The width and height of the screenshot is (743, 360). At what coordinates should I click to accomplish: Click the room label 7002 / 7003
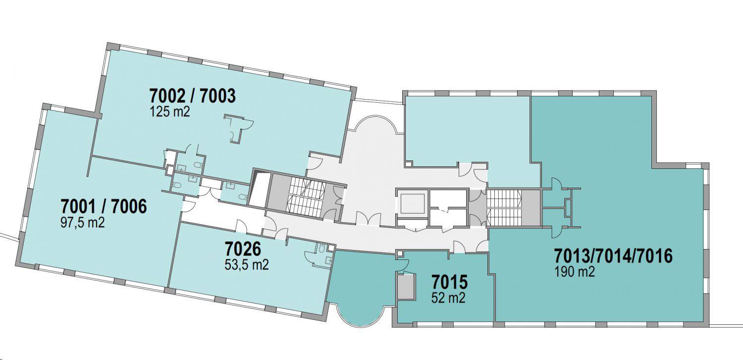(x=192, y=96)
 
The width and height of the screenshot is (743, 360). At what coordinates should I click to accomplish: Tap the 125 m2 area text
(x=170, y=112)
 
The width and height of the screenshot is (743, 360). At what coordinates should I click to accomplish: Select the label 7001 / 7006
(x=104, y=206)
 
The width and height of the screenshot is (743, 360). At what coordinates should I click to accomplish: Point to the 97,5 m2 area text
(x=83, y=222)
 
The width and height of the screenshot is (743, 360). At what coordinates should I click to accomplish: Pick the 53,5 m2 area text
(x=247, y=264)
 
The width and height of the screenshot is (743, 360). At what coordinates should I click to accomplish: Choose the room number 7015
(x=449, y=282)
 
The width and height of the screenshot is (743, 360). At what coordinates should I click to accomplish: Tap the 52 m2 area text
(x=448, y=298)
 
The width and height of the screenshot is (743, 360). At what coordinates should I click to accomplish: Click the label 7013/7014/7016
(x=613, y=256)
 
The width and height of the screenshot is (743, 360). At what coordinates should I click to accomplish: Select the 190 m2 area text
(x=575, y=272)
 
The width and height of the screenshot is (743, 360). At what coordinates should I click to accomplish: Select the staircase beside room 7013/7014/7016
(x=504, y=207)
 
